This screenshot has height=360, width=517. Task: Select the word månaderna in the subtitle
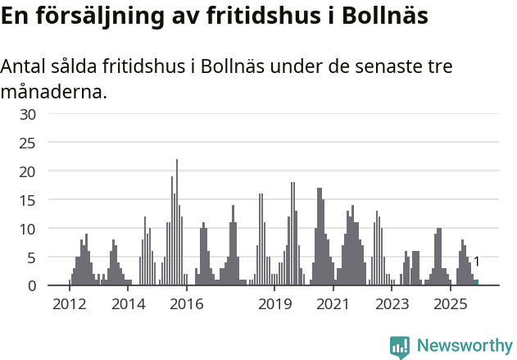(53, 91)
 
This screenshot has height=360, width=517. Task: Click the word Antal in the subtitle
(25, 66)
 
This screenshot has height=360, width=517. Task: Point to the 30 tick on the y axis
(28, 114)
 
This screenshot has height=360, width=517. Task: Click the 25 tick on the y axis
(28, 143)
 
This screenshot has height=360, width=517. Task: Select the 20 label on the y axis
(28, 171)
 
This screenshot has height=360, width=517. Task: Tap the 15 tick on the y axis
(28, 200)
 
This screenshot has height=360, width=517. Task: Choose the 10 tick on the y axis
(28, 229)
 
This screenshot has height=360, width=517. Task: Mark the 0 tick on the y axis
(32, 285)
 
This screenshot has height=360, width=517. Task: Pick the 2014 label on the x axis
(128, 304)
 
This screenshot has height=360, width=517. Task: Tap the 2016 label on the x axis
(187, 304)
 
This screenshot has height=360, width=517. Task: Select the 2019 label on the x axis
(274, 304)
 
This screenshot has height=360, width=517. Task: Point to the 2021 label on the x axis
(333, 304)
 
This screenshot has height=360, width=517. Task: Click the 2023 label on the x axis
(392, 304)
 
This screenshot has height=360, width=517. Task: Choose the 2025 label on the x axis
(451, 304)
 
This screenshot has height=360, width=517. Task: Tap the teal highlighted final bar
(477, 282)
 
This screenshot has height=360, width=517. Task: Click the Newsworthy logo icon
(400, 347)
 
